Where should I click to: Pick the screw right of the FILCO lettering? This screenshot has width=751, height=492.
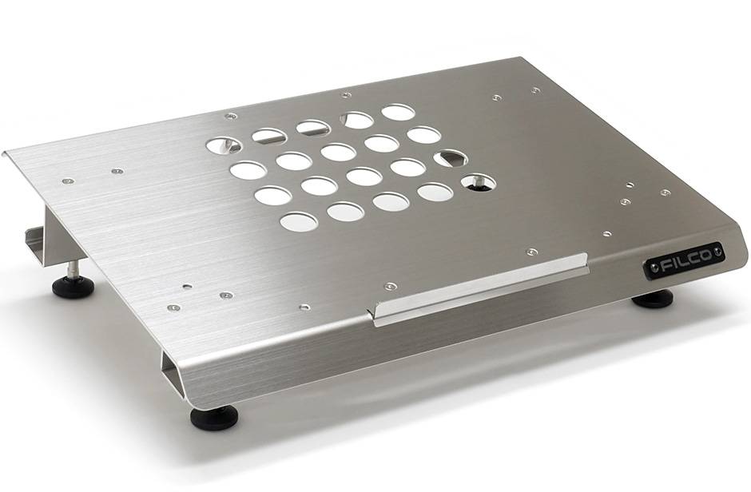click(717, 250)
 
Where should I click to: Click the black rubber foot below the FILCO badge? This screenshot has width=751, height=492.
click(653, 298)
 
